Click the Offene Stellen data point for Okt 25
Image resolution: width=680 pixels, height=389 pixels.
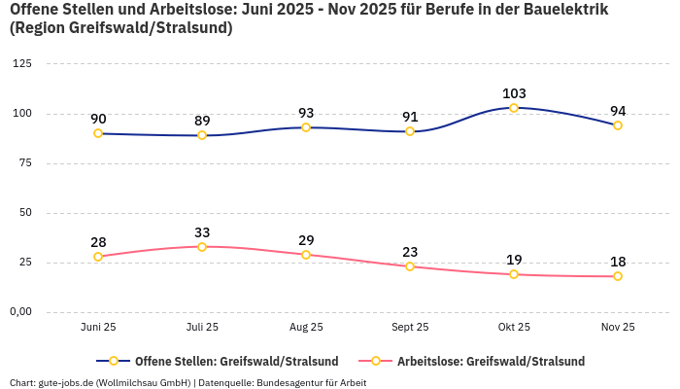point(514,108)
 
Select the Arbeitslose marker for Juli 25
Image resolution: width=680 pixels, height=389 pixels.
point(202,247)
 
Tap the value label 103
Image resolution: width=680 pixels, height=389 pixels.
point(514,93)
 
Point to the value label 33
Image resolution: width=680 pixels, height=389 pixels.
point(202,232)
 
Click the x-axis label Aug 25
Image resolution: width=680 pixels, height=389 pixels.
point(306,328)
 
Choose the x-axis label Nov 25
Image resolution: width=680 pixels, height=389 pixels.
point(618,328)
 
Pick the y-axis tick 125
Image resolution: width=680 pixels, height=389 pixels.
point(21,64)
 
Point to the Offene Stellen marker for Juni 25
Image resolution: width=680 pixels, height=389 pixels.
point(98,133)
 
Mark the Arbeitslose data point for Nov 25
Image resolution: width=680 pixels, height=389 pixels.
point(618,276)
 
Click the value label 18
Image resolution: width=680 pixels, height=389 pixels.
point(618,262)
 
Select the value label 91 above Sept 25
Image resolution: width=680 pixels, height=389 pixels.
point(410,117)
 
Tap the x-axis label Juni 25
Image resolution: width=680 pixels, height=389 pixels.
point(98,328)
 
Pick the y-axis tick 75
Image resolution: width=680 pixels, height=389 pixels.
point(24,163)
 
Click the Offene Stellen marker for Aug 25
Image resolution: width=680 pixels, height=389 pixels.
point(306,127)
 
